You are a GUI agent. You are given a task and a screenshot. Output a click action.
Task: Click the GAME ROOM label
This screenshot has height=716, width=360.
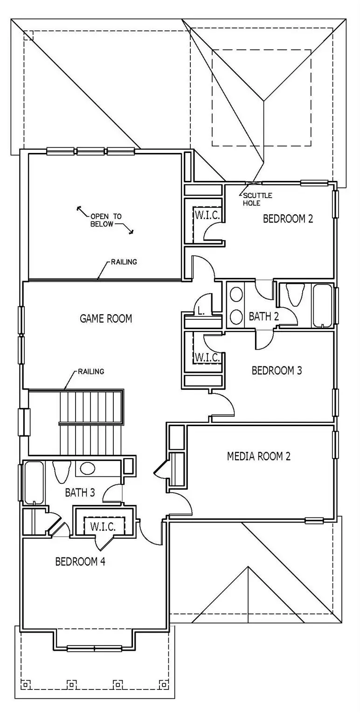point(106,318)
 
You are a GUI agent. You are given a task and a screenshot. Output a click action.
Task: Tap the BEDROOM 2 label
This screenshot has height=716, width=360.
point(288,219)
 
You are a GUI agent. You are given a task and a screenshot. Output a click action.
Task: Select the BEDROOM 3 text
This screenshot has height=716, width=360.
point(277,371)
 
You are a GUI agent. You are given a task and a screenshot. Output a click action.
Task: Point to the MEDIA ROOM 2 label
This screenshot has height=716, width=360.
point(258,456)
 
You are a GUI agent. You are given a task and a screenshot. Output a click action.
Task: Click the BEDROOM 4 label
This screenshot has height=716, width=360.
point(80,561)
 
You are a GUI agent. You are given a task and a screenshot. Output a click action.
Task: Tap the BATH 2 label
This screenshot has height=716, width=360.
point(263,317)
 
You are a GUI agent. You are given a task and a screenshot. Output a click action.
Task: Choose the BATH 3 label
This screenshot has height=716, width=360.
point(80,492)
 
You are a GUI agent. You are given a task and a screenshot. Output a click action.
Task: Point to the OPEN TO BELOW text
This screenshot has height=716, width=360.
point(106,220)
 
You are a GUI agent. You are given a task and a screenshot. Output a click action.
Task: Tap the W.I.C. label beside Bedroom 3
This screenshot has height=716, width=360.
point(207,357)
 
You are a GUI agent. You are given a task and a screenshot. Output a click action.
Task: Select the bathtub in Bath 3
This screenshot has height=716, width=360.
point(34,482)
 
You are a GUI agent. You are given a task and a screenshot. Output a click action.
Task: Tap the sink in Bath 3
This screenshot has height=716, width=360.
point(88,468)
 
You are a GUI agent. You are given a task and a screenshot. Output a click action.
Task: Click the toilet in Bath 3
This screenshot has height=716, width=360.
point(62,471)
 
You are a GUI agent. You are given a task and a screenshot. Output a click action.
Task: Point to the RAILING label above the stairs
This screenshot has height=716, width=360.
point(91,372)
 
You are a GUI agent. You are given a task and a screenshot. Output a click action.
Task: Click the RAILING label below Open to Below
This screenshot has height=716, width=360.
point(124,262)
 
